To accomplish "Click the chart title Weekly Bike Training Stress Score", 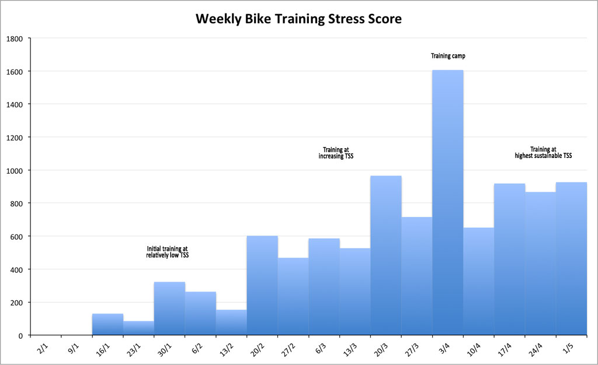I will (298, 19).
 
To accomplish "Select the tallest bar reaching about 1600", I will (448, 204).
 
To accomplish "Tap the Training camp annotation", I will (448, 56).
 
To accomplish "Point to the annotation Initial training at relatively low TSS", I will (168, 252).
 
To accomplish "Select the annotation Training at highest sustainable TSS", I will (543, 152).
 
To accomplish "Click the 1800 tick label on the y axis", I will (15, 39).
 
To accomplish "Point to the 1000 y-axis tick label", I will (15, 171).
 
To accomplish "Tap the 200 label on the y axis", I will (17, 303).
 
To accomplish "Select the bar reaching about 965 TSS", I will (386, 257).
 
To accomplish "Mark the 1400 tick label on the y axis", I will (15, 105).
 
